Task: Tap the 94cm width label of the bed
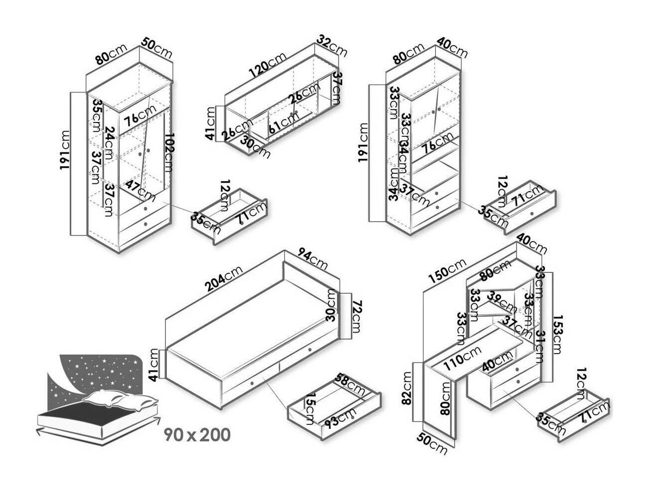tap(313, 258)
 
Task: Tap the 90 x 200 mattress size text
tap(198, 434)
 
